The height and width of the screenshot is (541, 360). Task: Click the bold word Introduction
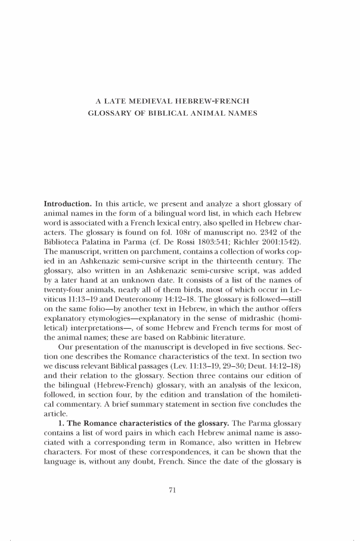[67, 204]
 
